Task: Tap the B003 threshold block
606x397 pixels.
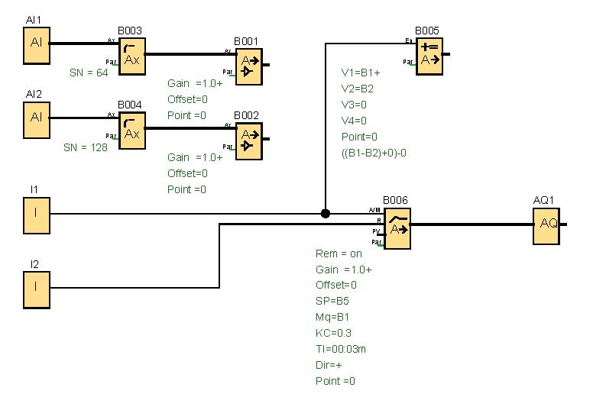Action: click(131, 56)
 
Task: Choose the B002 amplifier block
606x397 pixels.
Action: click(248, 140)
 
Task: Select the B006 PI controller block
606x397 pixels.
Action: click(397, 228)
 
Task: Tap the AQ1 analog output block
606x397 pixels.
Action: click(546, 224)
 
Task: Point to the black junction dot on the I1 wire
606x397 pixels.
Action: click(326, 214)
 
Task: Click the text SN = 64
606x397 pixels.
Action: click(86, 73)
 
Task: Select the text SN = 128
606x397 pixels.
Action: click(86, 147)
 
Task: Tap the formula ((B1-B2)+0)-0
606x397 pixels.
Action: click(374, 153)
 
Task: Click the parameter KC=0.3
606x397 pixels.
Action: click(333, 333)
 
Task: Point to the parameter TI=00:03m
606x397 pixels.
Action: click(341, 349)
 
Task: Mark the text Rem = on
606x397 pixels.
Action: click(339, 253)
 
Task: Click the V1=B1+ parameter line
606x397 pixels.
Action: click(361, 73)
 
